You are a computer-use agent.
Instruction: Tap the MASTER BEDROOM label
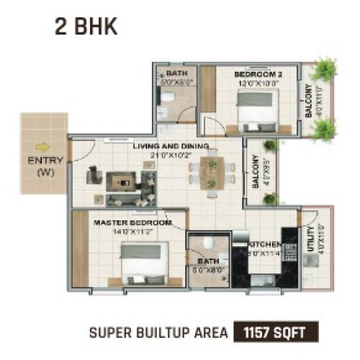[x=132, y=223]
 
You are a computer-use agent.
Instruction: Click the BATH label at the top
[x=176, y=73]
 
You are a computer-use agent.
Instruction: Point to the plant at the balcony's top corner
[x=325, y=69]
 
